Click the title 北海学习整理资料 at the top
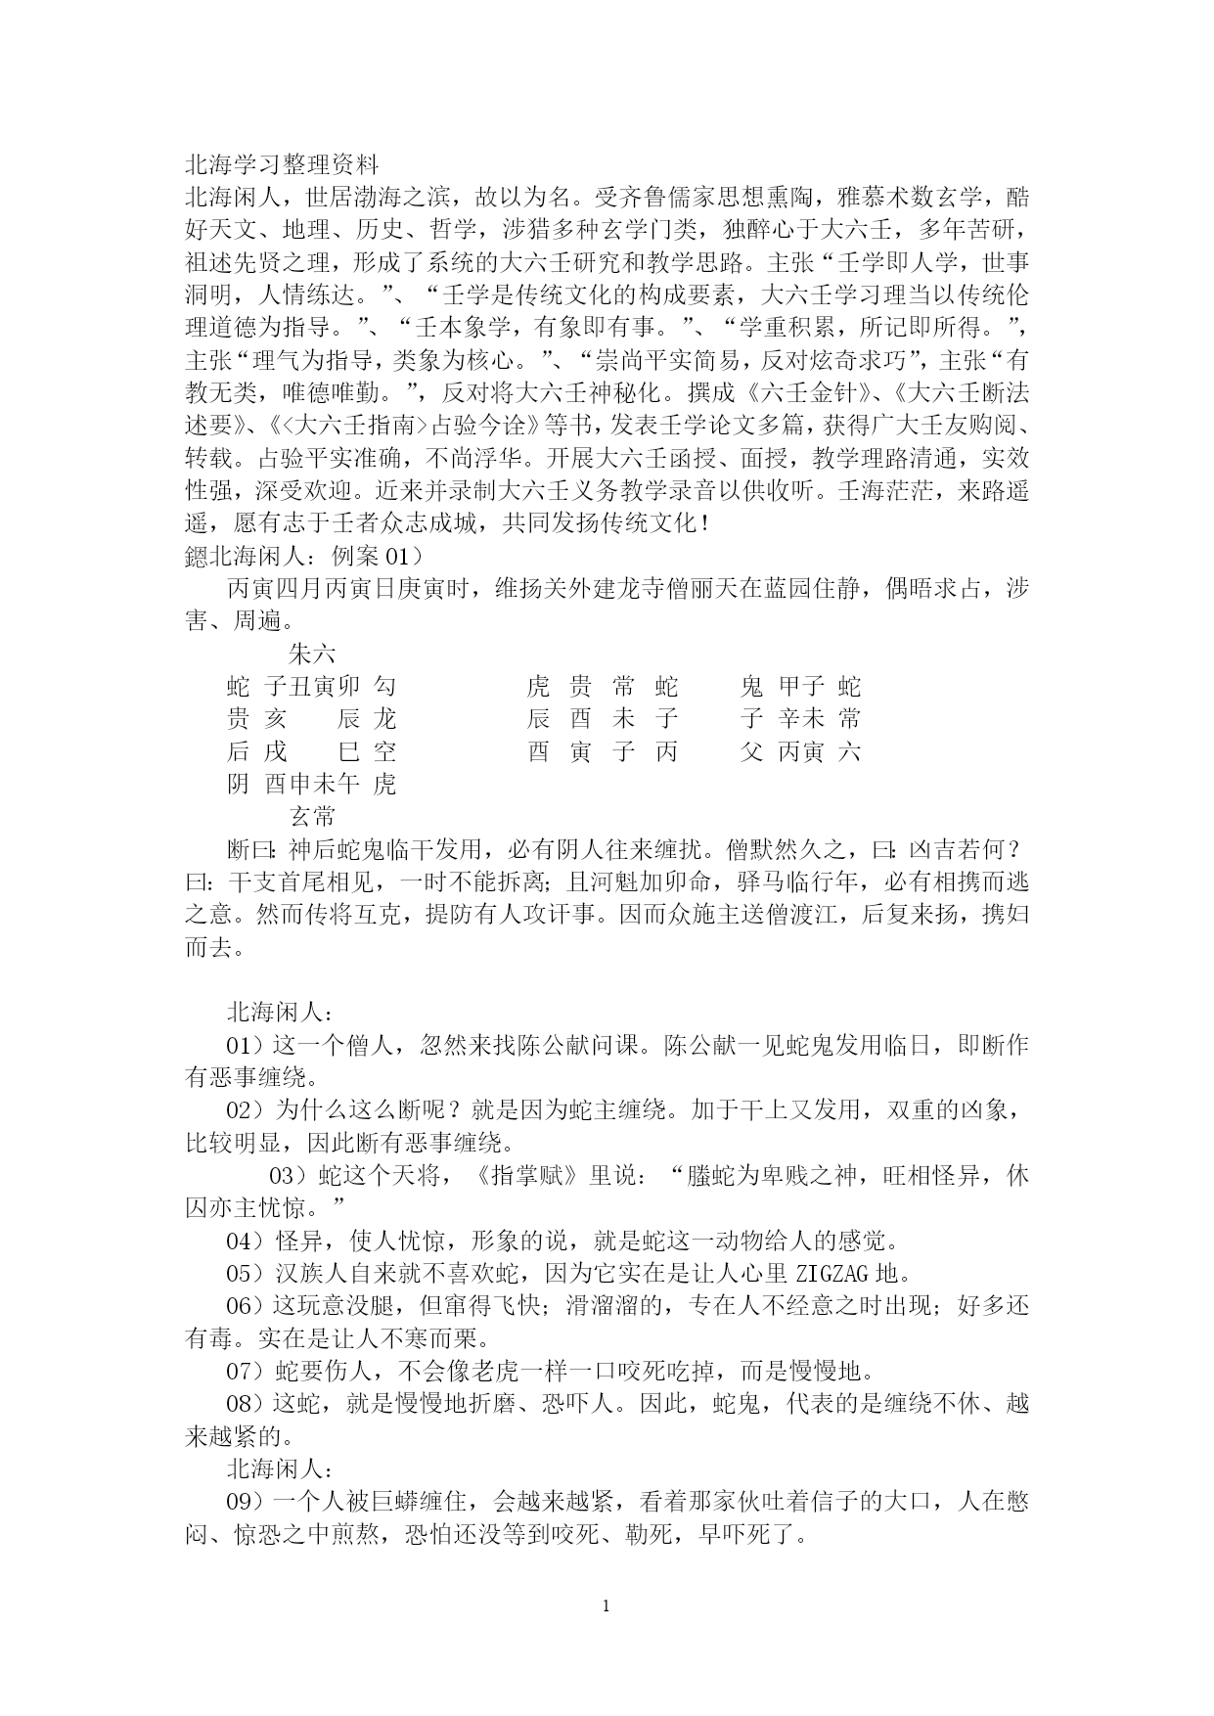coord(282,164)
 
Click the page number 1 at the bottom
coord(607,1605)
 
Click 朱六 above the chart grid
coord(313,654)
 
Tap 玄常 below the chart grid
coord(313,817)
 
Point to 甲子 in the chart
coord(801,687)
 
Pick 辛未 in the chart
coord(801,719)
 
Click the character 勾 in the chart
coord(384,687)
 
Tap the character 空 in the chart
coord(384,751)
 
